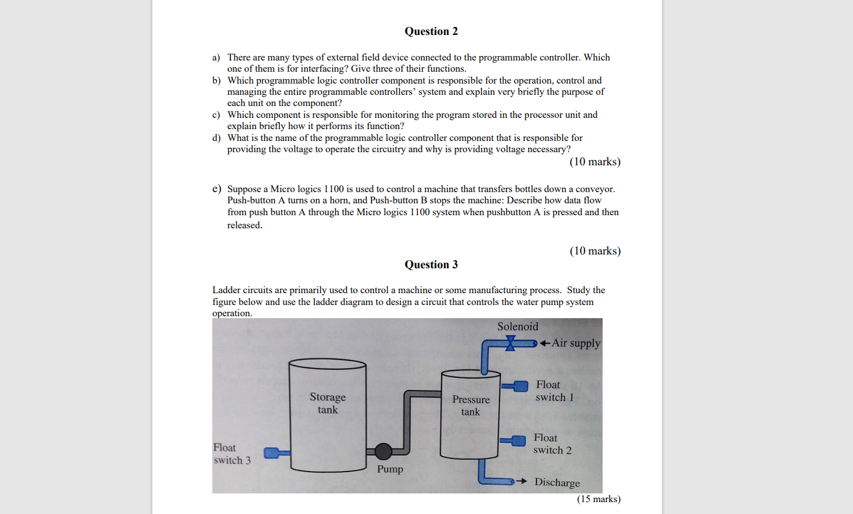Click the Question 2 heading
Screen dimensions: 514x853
[x=431, y=31]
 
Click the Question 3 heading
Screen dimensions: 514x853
[x=431, y=264]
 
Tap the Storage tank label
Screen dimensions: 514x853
[x=327, y=403]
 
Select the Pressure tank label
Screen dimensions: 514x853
[x=471, y=405]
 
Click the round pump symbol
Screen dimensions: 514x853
[x=383, y=451]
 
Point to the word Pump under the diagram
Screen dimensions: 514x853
[x=390, y=469]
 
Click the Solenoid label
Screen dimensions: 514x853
[x=518, y=326]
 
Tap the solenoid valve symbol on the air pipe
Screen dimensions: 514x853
[x=511, y=342]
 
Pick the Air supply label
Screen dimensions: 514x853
[x=576, y=343]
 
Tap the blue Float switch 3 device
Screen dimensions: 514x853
[x=271, y=453]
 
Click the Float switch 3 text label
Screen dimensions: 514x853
[x=232, y=454]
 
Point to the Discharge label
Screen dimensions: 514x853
[x=557, y=482]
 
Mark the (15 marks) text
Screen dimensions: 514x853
[x=599, y=499]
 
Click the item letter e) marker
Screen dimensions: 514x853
[x=217, y=188]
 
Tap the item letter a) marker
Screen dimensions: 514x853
[x=216, y=57]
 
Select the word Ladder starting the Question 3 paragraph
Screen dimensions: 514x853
[x=227, y=290]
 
